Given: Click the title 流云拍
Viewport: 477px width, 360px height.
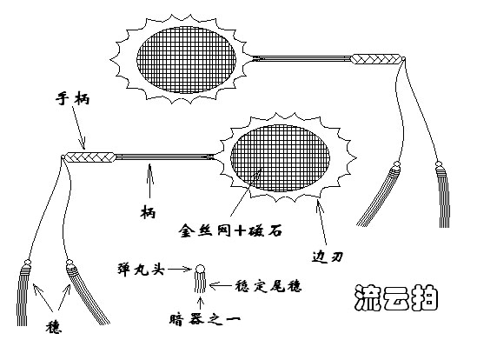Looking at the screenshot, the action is point(396,298).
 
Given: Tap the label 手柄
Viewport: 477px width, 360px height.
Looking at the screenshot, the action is point(72,99).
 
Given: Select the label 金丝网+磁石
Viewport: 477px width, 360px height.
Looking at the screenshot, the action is point(230,230).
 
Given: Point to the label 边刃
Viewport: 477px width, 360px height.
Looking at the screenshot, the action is point(328,257).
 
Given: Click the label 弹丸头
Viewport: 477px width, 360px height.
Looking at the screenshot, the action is point(141,270).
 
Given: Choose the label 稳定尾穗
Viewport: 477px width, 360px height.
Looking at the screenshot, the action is point(268,286).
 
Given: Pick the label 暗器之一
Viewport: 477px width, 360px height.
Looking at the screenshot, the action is point(205,319).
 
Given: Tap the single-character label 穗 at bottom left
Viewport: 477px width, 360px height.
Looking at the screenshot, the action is point(54,327).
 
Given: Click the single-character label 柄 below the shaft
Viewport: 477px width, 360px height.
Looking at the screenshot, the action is point(149,212).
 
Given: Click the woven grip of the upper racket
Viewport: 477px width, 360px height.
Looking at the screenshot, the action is point(376,59).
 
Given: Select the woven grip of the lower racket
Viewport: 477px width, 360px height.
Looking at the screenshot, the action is point(90,157).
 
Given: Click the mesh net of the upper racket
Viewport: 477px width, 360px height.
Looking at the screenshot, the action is point(187,60).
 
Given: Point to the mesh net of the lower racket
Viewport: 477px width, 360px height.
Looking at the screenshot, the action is point(280,157).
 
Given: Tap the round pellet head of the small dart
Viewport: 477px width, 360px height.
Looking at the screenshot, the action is point(200,270).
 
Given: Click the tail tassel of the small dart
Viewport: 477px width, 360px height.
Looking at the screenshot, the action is point(200,283).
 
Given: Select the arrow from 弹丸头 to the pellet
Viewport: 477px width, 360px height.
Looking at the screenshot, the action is point(180,270).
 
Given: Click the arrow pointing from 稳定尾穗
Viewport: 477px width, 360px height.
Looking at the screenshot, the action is point(221,286).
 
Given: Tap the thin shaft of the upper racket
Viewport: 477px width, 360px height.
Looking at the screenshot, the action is point(301,58).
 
